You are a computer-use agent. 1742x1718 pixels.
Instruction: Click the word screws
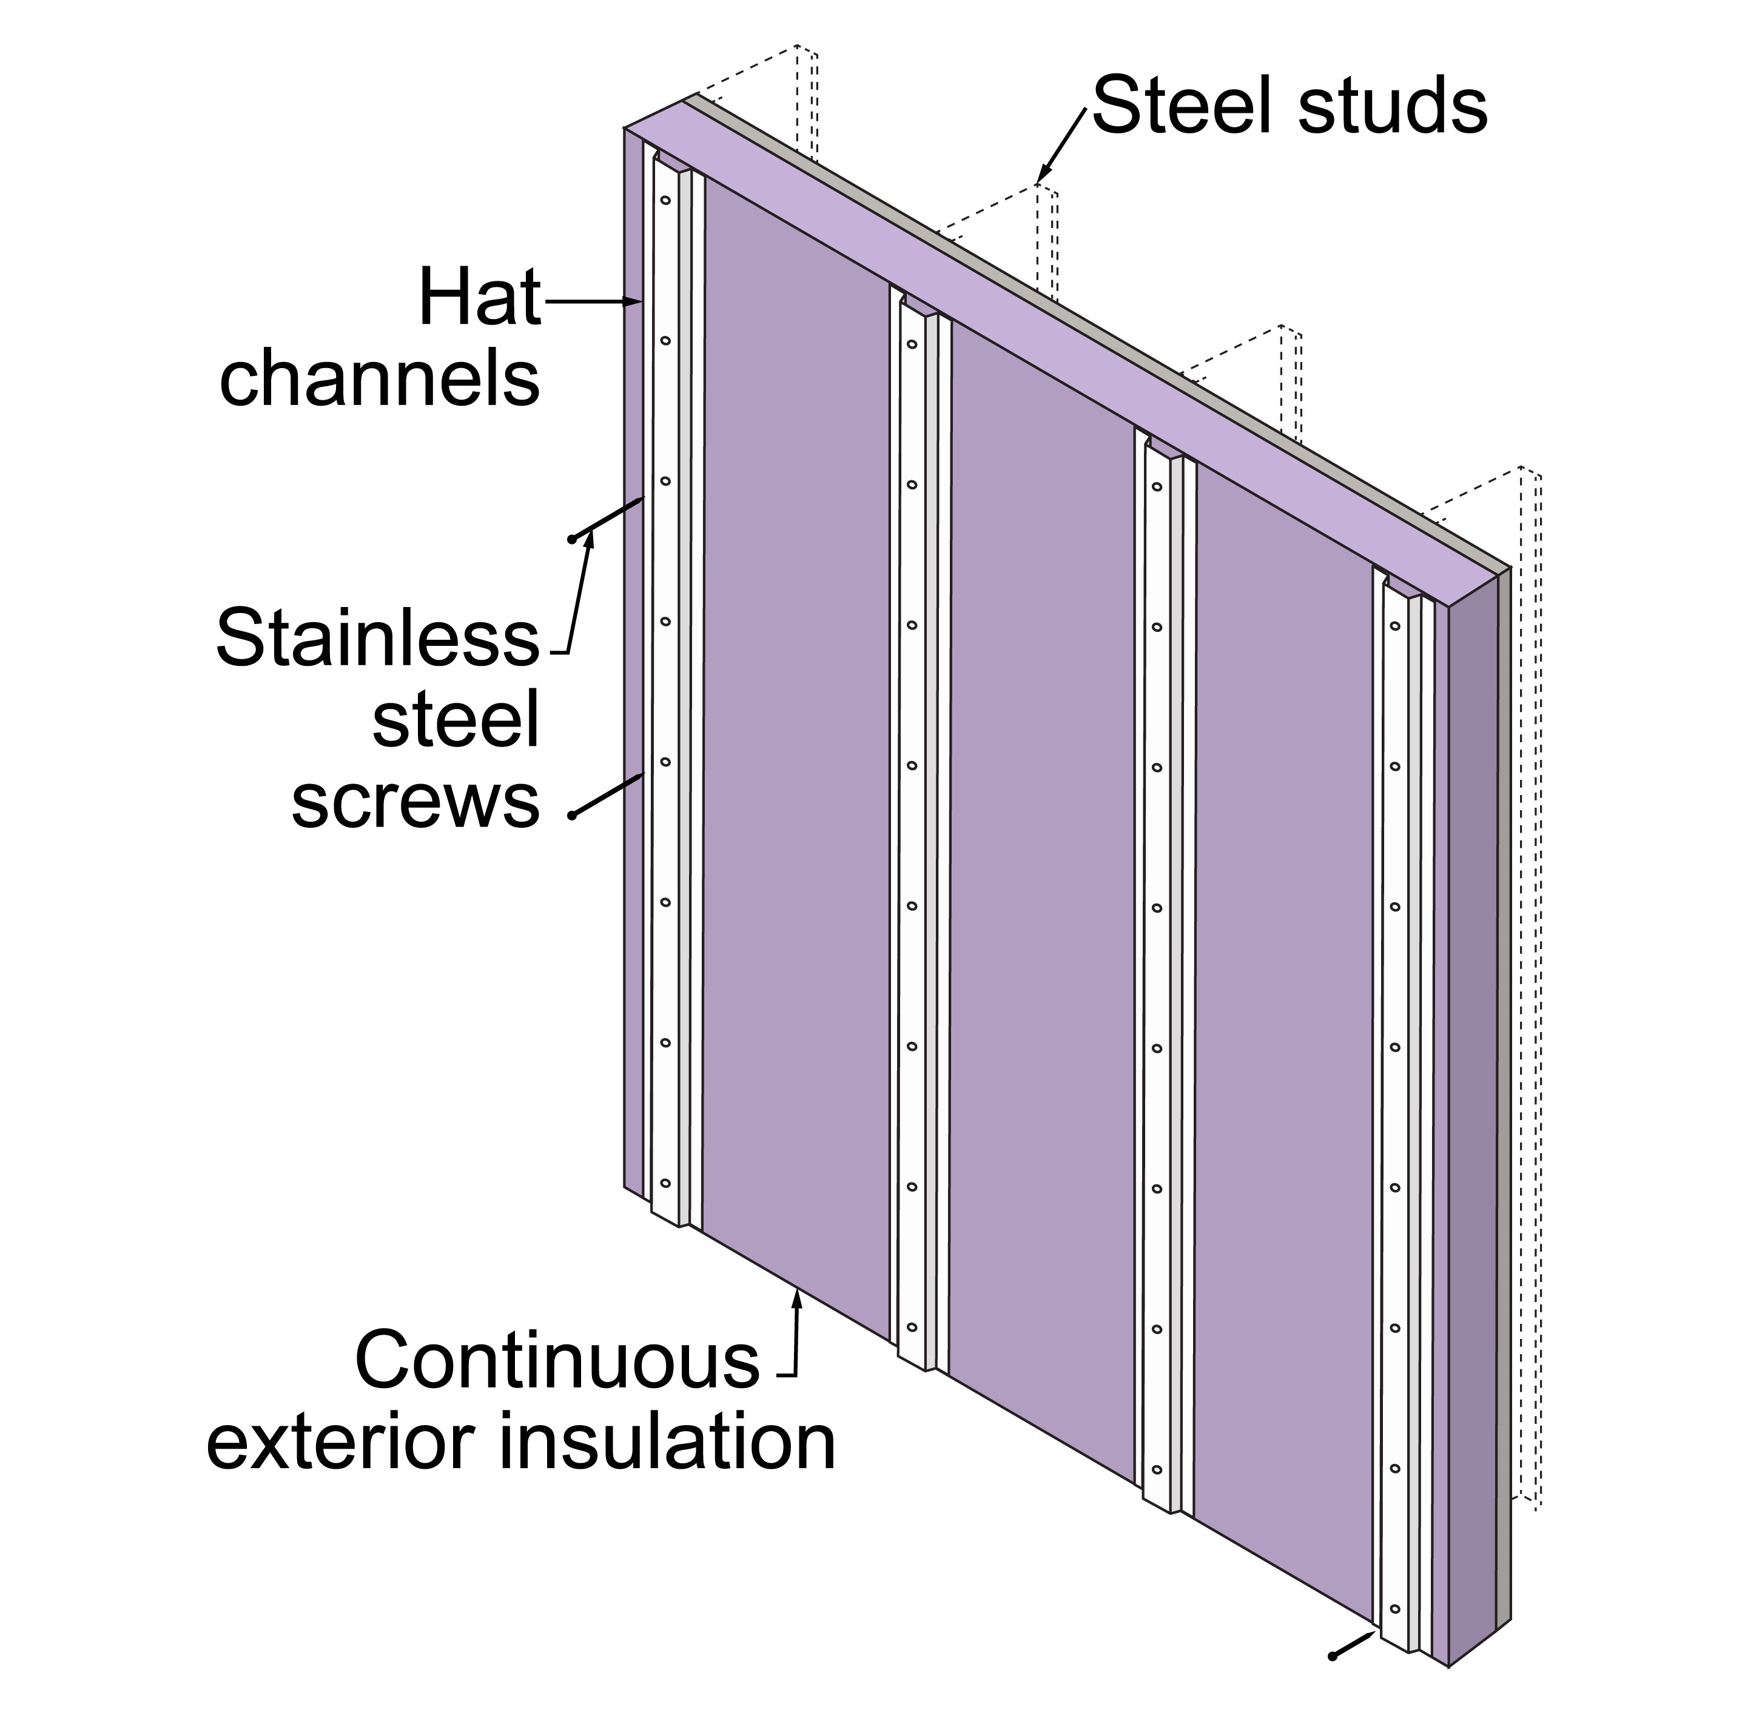tap(415, 801)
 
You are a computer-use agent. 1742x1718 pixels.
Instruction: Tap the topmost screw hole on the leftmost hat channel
tap(665, 199)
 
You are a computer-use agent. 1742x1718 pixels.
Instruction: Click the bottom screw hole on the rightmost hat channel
tap(1395, 1609)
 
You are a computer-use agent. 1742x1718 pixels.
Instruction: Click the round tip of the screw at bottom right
tap(1332, 1656)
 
